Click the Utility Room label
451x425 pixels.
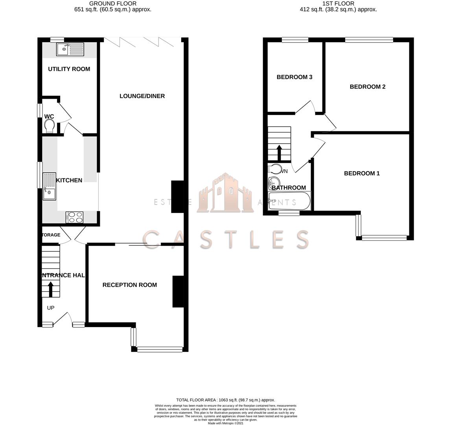[x=69, y=69]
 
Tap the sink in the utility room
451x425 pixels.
[x=70, y=49]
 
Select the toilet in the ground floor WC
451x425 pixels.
[x=50, y=126]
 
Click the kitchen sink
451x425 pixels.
[x=50, y=187]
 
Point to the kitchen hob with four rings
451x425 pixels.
[x=75, y=217]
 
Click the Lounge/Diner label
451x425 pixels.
[x=142, y=96]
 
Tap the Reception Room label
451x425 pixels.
[x=129, y=285]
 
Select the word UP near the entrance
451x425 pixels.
[x=51, y=308]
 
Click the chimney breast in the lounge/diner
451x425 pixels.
[x=177, y=197]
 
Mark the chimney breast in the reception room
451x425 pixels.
[x=178, y=292]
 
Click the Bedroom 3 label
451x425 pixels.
[x=294, y=77]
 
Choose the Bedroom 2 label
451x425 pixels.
[x=367, y=87]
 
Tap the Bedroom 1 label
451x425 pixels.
[x=362, y=173]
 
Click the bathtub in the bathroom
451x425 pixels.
[x=289, y=201]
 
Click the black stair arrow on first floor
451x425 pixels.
[x=279, y=152]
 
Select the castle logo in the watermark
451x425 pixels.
[x=225, y=193]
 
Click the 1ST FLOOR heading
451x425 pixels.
[x=338, y=4]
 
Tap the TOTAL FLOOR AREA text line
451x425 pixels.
[x=225, y=400]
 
